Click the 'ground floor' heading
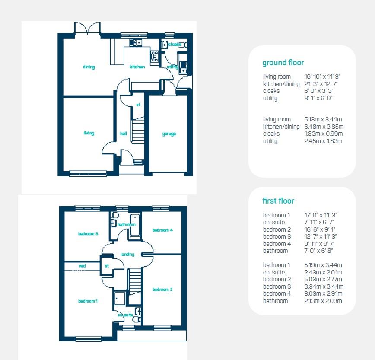[x=283, y=63]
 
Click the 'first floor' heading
[x=278, y=201]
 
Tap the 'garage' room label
[x=169, y=134]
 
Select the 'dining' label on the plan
[x=89, y=67]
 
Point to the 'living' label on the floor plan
[x=89, y=134]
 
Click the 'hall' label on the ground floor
[x=124, y=134]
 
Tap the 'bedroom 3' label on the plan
[x=88, y=234]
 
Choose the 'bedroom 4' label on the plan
[x=162, y=230]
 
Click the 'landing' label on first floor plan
[x=127, y=255]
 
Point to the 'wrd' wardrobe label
[x=82, y=266]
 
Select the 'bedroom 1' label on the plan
[x=88, y=301]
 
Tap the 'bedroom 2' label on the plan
[x=162, y=290]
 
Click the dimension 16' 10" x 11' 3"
[x=323, y=77]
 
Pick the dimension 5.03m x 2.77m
[x=323, y=279]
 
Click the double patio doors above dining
[x=88, y=29]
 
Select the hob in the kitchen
[x=154, y=56]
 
